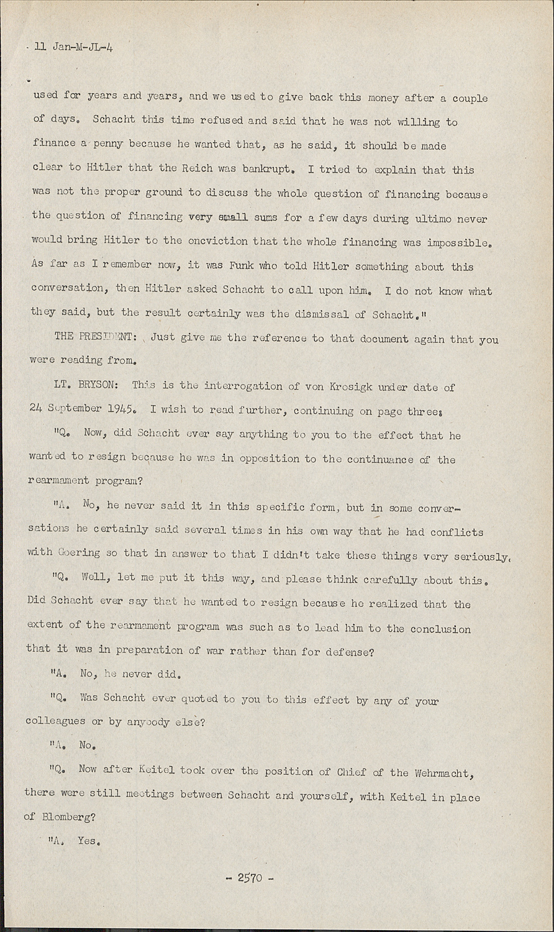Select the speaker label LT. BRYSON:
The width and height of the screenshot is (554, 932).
[89, 386]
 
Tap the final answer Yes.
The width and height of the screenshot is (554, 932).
[88, 841]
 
